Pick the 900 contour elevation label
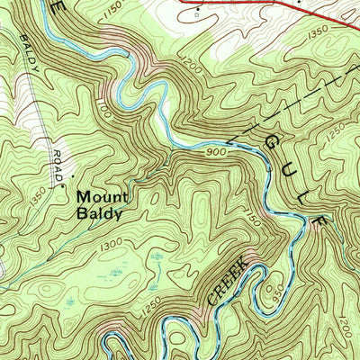(216, 153)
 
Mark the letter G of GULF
(271, 141)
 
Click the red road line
(270, 6)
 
